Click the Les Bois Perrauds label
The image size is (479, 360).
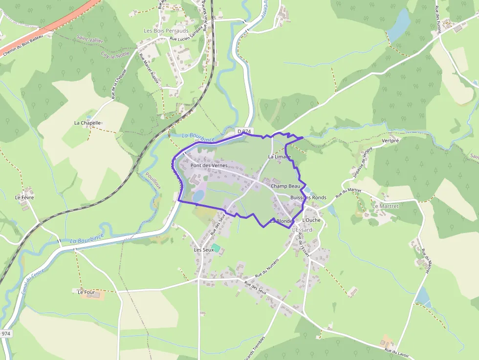(166, 31)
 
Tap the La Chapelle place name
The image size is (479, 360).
(87, 123)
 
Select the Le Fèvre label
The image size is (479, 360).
(24, 197)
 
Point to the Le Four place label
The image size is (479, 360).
(86, 292)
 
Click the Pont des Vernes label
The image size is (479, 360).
(209, 166)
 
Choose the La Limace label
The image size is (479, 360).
(280, 157)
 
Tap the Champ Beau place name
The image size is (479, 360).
(285, 186)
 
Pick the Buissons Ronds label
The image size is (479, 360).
(308, 197)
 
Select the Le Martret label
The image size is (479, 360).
(386, 206)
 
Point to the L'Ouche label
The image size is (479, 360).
(312, 220)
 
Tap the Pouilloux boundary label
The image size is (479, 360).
(152, 181)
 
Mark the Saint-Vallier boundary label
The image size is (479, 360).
(89, 39)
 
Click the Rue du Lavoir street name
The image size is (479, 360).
(396, 352)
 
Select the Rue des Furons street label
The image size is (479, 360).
(438, 20)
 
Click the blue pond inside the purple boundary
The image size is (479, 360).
(198, 195)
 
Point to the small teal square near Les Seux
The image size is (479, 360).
(215, 248)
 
